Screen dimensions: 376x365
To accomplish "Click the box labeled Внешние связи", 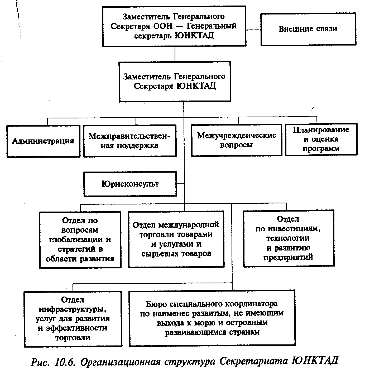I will pyautogui.click(x=308, y=29).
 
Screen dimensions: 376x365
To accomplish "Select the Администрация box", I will pyautogui.click(x=43, y=141).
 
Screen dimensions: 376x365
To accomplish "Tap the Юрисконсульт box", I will pyautogui.click(x=130, y=184).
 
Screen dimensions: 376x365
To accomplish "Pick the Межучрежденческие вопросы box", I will pyautogui.click(x=237, y=140).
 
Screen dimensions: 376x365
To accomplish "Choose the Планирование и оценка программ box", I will pyautogui.click(x=321, y=139).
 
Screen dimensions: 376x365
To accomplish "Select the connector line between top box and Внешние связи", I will pyautogui.click(x=253, y=29).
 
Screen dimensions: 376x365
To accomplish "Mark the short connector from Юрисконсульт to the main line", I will pyautogui.click(x=180, y=183).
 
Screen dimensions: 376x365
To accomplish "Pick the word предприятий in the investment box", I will pyautogui.click(x=288, y=257).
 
